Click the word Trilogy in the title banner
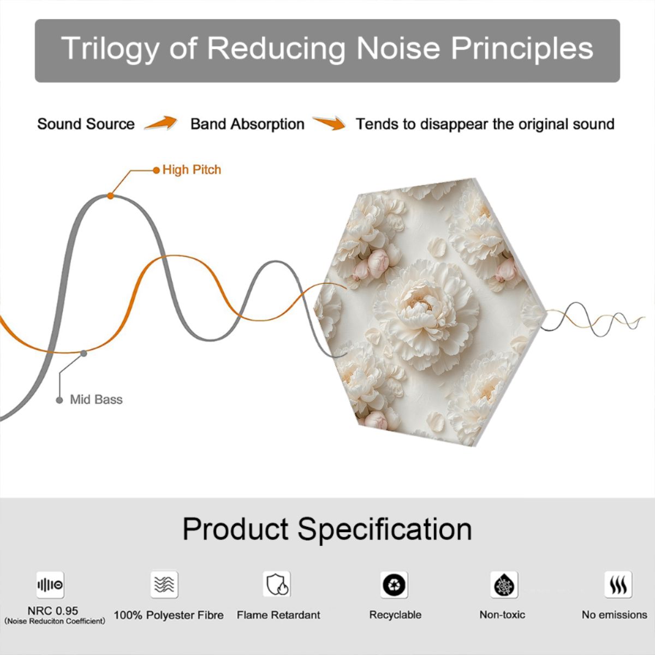[x=110, y=49]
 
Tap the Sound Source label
[x=86, y=124]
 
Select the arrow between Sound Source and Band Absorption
[x=161, y=123]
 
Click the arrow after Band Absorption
[x=329, y=123]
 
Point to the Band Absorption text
[x=247, y=124]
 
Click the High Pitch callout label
[x=192, y=170]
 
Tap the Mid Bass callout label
[x=96, y=400]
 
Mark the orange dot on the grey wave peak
[x=110, y=196]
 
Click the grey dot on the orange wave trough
[x=84, y=354]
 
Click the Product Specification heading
[x=327, y=529]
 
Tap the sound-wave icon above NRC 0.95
[x=50, y=585]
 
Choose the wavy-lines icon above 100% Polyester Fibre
[x=164, y=584]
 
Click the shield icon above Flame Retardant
[x=277, y=584]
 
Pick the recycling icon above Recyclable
[x=394, y=585]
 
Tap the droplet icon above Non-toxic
[x=504, y=585]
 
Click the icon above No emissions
[x=618, y=584]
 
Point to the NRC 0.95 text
[x=53, y=611]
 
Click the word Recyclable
[x=395, y=615]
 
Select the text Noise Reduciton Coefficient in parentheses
[x=55, y=621]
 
